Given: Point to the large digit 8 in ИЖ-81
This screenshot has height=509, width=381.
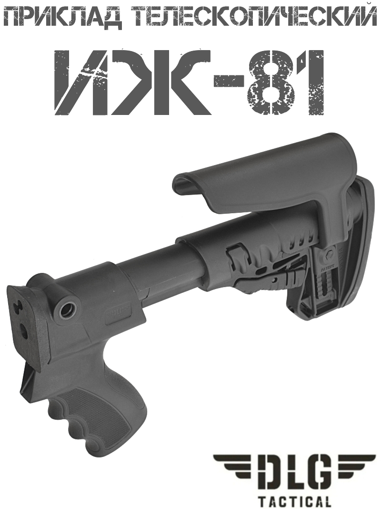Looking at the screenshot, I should coord(267,82).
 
